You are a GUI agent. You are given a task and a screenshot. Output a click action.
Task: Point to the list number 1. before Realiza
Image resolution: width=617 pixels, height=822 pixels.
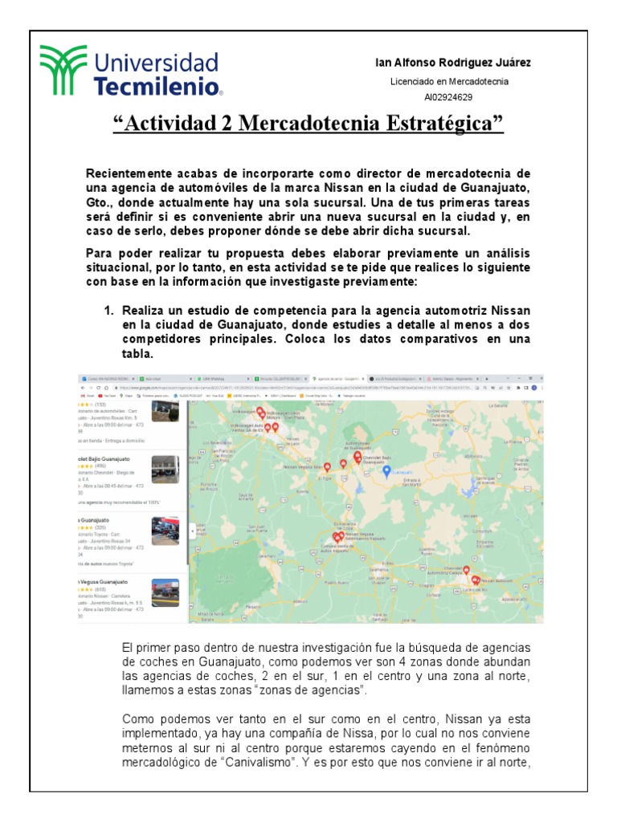pyautogui.click(x=111, y=310)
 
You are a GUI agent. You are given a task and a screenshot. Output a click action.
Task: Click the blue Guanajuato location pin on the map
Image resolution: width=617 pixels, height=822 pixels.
pyautogui.click(x=386, y=471)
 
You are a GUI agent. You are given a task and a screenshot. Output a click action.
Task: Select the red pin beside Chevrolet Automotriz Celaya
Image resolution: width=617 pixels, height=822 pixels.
pyautogui.click(x=466, y=569)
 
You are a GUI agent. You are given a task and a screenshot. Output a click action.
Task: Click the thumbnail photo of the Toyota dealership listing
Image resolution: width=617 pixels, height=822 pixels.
pyautogui.click(x=165, y=531)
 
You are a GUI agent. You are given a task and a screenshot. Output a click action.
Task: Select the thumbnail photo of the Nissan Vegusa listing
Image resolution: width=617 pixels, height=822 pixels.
pyautogui.click(x=165, y=592)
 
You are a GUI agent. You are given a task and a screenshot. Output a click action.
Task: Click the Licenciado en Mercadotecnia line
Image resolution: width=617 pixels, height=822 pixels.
pyautogui.click(x=448, y=81)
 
